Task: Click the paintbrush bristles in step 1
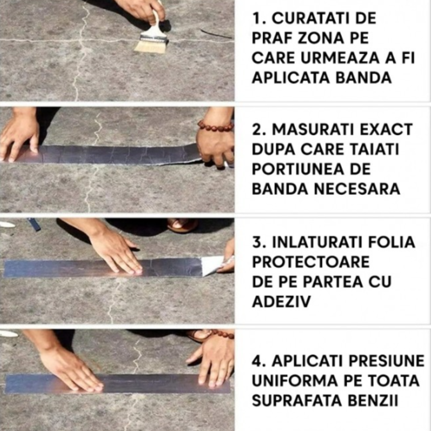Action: [150, 46]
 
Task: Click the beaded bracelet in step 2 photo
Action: [215, 127]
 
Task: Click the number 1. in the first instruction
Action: [257, 18]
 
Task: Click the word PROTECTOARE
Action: [311, 262]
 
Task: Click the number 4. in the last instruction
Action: [258, 361]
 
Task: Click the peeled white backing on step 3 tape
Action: [212, 265]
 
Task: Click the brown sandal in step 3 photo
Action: [182, 225]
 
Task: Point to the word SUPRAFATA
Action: [295, 401]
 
